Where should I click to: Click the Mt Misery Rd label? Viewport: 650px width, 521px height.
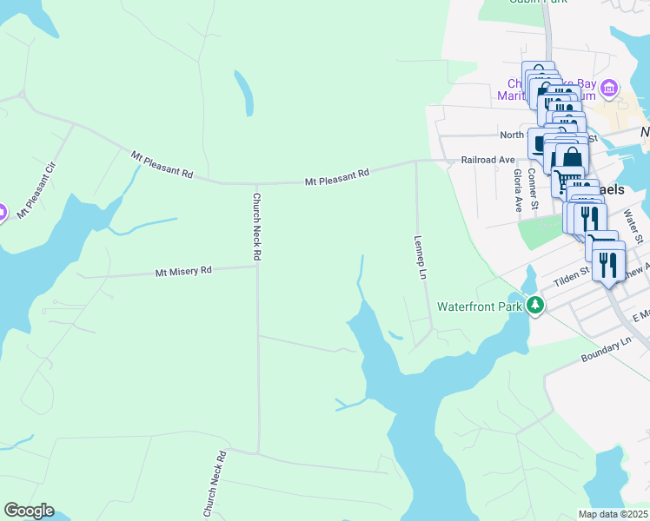(183, 271)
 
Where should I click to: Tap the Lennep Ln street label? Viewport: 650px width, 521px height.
(421, 257)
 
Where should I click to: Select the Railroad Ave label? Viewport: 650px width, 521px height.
(487, 160)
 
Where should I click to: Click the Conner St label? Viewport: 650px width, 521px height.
(536, 193)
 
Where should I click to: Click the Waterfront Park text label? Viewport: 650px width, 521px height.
(479, 307)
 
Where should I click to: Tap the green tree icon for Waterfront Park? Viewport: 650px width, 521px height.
(537, 305)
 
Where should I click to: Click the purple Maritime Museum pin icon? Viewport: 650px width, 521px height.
(609, 89)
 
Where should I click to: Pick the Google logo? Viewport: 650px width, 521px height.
(29, 511)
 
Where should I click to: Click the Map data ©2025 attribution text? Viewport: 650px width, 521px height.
(612, 514)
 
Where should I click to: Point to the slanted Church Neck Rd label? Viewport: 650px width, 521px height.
(216, 485)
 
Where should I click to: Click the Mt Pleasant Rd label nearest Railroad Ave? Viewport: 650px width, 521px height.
(337, 178)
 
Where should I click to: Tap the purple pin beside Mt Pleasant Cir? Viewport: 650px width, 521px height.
(2, 211)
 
